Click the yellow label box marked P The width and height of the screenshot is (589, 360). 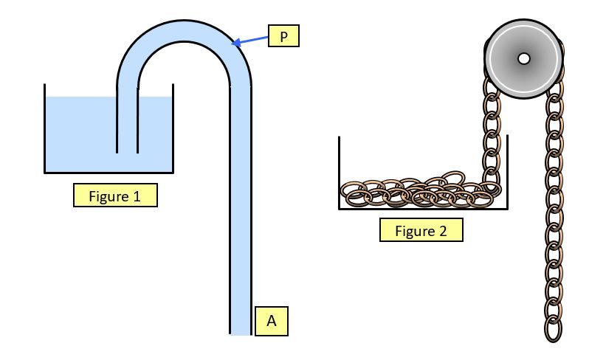click(x=283, y=35)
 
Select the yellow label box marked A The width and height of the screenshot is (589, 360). click(x=271, y=321)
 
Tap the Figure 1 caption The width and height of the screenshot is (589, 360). click(x=114, y=195)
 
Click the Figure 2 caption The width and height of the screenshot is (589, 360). click(x=421, y=230)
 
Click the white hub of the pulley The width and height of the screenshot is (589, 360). click(x=523, y=58)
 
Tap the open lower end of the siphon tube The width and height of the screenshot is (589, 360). click(x=241, y=332)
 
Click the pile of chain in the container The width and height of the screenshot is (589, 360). click(x=417, y=192)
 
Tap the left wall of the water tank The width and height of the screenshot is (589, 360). click(x=45, y=129)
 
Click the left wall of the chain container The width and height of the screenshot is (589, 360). click(x=339, y=173)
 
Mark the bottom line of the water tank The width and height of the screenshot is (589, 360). click(x=109, y=172)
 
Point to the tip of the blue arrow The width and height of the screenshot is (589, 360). click(x=233, y=44)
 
